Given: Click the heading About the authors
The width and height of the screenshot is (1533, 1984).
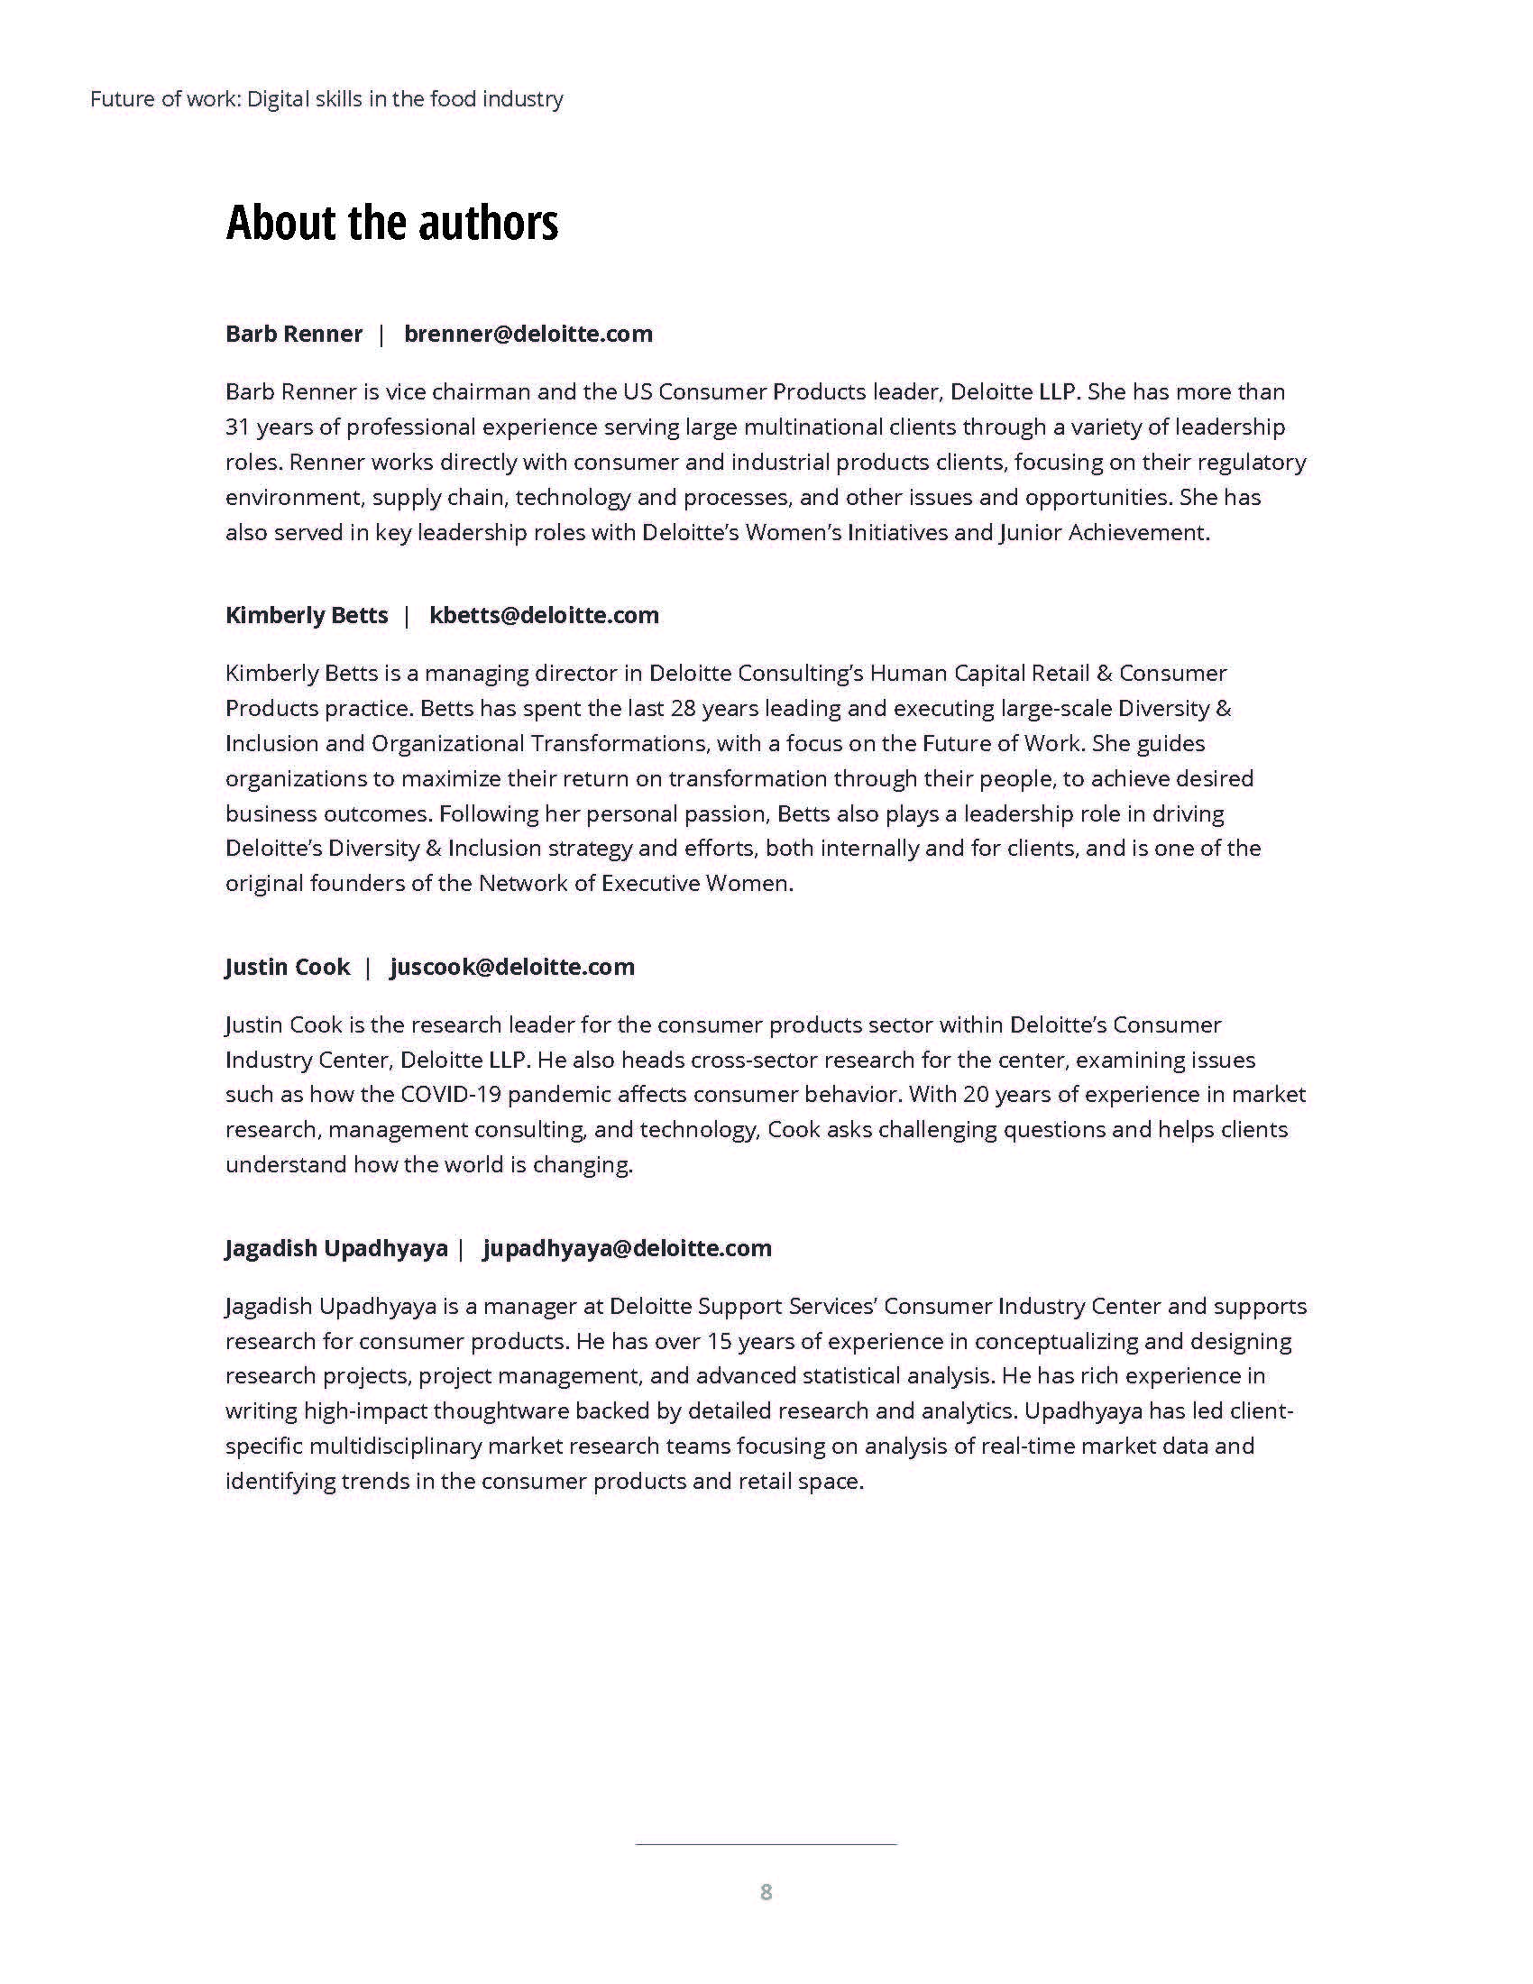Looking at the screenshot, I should coord(391,223).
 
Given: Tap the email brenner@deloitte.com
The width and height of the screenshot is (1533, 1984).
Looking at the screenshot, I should coord(528,335).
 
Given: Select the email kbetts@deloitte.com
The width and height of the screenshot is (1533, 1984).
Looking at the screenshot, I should coord(544,616).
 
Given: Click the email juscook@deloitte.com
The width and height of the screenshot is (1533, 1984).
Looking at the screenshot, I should coord(512,968).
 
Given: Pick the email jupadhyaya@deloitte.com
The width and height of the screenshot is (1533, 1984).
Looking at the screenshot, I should coord(628,1249).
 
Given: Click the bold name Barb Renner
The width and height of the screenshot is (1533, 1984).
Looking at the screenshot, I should coord(293,335).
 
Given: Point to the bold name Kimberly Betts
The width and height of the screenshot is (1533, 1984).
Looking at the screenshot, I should coord(306,616).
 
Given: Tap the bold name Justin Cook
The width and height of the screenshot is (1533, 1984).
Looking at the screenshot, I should coord(287,968).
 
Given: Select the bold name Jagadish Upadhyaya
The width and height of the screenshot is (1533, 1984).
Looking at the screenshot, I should coord(336,1249).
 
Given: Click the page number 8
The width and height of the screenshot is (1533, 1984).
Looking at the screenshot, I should coord(766,1892).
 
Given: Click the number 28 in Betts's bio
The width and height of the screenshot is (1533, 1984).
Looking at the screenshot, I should coord(683,709).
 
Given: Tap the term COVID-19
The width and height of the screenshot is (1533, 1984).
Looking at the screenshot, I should coord(451,1095).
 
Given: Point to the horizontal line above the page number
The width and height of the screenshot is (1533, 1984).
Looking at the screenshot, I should coord(766,1845).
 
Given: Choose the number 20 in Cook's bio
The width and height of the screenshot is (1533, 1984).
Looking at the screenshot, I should coord(976,1095).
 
